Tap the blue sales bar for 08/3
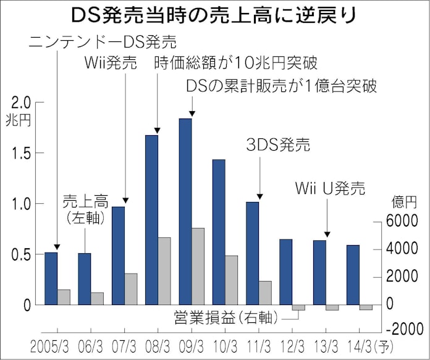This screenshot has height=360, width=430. (x=151, y=219)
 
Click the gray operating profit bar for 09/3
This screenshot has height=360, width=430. (x=198, y=266)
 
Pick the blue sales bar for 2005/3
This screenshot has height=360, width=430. (x=51, y=278)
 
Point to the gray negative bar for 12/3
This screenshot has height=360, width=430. (x=298, y=307)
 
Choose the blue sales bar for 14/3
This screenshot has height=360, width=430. (x=353, y=275)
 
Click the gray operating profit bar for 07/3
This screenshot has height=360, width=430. (x=131, y=289)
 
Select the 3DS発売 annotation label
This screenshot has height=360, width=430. (x=277, y=146)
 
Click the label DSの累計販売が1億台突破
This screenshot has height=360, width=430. (x=281, y=86)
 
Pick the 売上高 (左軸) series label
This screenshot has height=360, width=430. (x=86, y=209)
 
